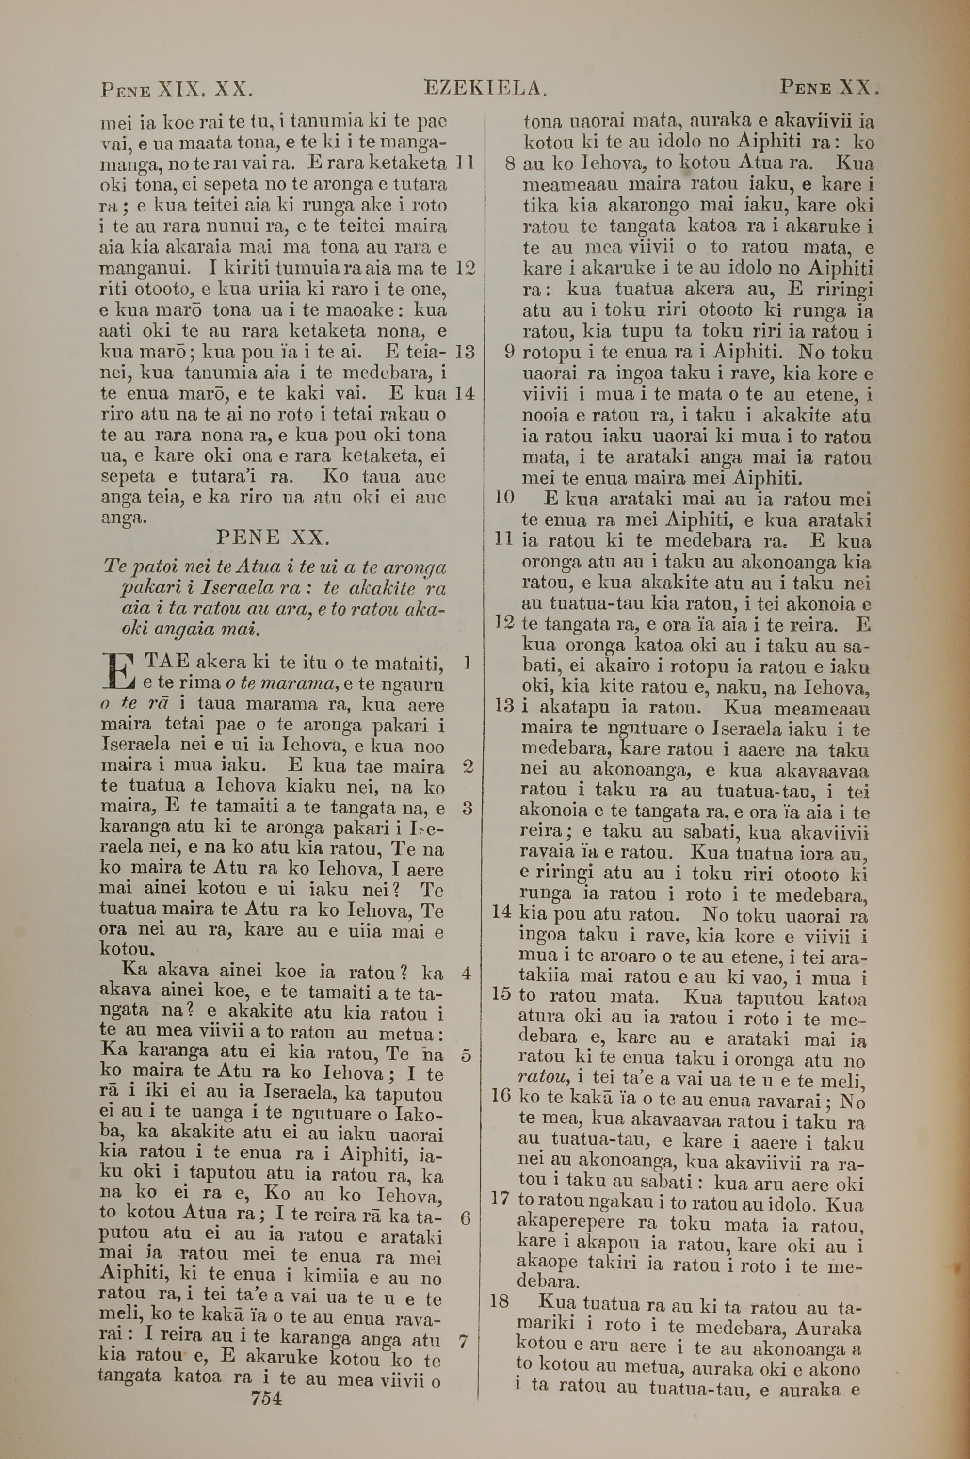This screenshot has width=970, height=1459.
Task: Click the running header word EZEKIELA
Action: pyautogui.click(x=485, y=88)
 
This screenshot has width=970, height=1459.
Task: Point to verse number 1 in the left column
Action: pyautogui.click(x=468, y=663)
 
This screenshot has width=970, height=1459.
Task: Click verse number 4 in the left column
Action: pyautogui.click(x=467, y=973)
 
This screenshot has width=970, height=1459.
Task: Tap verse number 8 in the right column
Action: pyautogui.click(x=510, y=164)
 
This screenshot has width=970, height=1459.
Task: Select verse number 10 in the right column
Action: pyautogui.click(x=505, y=497)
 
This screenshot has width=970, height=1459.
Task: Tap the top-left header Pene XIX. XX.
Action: pyautogui.click(x=177, y=90)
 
